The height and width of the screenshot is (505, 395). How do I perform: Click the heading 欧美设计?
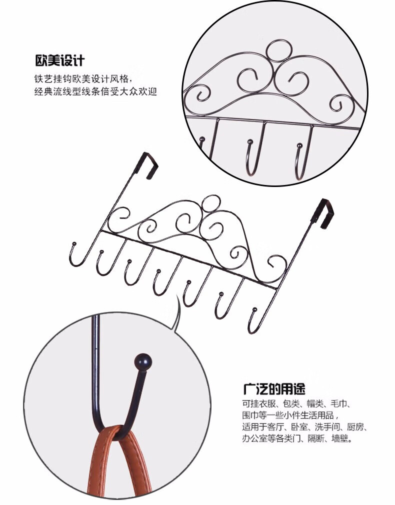[60, 60]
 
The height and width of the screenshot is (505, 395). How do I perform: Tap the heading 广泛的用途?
[274, 388]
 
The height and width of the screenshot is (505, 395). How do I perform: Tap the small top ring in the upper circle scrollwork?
[279, 50]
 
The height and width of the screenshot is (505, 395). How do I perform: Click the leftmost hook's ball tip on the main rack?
[74, 243]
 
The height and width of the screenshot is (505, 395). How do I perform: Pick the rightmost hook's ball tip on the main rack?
[254, 310]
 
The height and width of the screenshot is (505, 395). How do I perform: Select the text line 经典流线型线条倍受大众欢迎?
[95, 92]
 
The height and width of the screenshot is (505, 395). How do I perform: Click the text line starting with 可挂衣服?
[296, 403]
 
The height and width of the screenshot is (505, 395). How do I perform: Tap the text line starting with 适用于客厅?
[304, 427]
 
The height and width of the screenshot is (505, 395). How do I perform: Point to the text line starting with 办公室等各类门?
[297, 438]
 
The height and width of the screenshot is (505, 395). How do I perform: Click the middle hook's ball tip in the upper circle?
[249, 141]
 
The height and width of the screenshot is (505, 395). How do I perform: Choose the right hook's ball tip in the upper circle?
[299, 146]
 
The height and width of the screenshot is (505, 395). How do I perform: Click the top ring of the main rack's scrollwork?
[211, 203]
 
